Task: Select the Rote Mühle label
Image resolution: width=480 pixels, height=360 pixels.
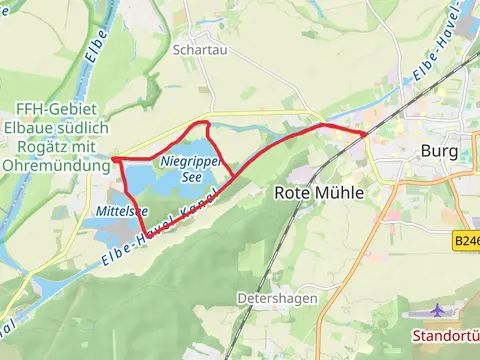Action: click(319, 193)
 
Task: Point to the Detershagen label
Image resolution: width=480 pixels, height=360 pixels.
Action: click(278, 298)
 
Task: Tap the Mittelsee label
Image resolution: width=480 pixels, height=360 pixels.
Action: click(123, 211)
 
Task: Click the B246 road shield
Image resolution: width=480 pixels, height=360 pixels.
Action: click(466, 241)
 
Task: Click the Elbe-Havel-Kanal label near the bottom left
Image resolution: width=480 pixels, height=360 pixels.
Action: click(150, 235)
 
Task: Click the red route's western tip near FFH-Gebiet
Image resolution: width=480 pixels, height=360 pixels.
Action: click(115, 159)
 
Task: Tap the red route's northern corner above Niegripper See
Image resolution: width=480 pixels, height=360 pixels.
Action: click(206, 123)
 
